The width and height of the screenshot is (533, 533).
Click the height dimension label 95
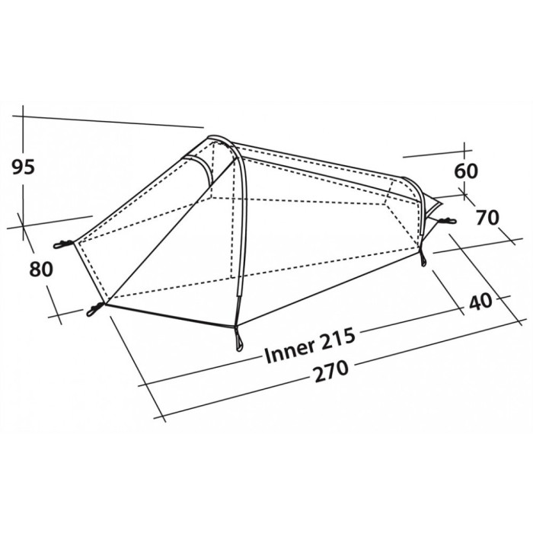[x=24, y=168]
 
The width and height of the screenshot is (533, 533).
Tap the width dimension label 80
[x=41, y=270]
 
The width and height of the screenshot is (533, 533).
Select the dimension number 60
[x=466, y=171]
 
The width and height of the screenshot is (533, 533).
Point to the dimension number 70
[x=487, y=218]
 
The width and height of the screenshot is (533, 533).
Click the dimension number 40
[x=480, y=302]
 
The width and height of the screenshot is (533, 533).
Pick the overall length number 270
[x=331, y=372]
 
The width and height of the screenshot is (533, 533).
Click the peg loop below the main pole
[x=238, y=339]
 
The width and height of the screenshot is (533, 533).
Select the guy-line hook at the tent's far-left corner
[x=63, y=244]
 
